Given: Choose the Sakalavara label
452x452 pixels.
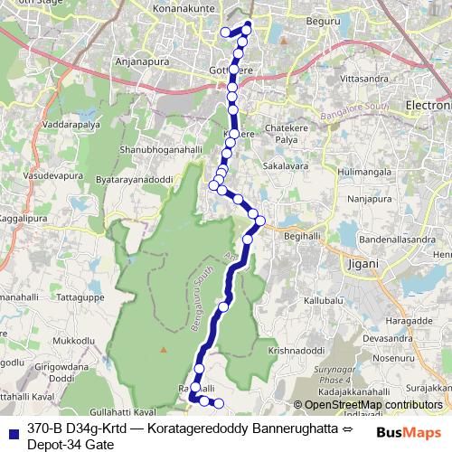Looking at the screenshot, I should point(285,166).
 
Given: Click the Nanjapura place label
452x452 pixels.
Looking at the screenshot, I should point(373,198).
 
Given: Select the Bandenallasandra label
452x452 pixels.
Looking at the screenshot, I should point(397,240).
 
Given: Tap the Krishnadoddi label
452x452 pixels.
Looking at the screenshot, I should point(296,350).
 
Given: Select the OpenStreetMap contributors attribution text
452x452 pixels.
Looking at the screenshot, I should point(373,405).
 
